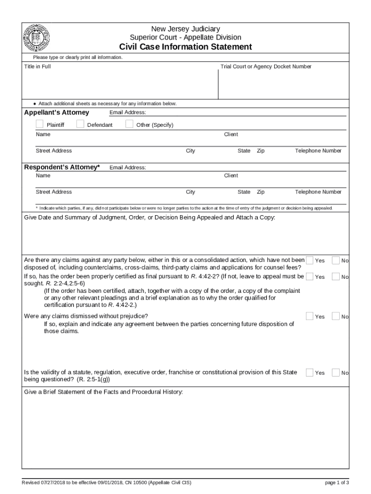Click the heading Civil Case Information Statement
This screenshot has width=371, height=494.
click(x=185, y=47)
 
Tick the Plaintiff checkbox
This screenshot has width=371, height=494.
click(x=40, y=124)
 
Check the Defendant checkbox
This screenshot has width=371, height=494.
click(x=80, y=124)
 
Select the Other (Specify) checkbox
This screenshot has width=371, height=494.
click(x=129, y=124)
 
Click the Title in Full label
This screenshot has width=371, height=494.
click(x=37, y=67)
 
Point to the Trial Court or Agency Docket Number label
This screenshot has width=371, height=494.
click(x=266, y=67)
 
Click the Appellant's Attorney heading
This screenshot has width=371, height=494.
click(x=56, y=112)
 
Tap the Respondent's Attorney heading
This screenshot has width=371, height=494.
click(x=62, y=167)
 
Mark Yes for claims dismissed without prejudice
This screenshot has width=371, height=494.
click(x=310, y=316)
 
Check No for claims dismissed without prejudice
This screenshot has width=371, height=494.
click(x=336, y=316)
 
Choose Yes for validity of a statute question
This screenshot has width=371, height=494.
click(x=310, y=372)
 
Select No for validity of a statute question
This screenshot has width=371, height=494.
click(x=336, y=372)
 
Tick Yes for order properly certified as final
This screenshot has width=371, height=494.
click(x=310, y=276)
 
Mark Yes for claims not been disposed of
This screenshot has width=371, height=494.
click(x=310, y=260)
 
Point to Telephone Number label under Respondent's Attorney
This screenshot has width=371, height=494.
click(x=318, y=192)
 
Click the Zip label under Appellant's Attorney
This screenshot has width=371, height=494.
click(x=261, y=151)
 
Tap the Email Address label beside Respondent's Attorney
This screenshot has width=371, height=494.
click(x=128, y=168)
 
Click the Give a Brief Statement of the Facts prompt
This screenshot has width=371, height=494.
click(x=104, y=392)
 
